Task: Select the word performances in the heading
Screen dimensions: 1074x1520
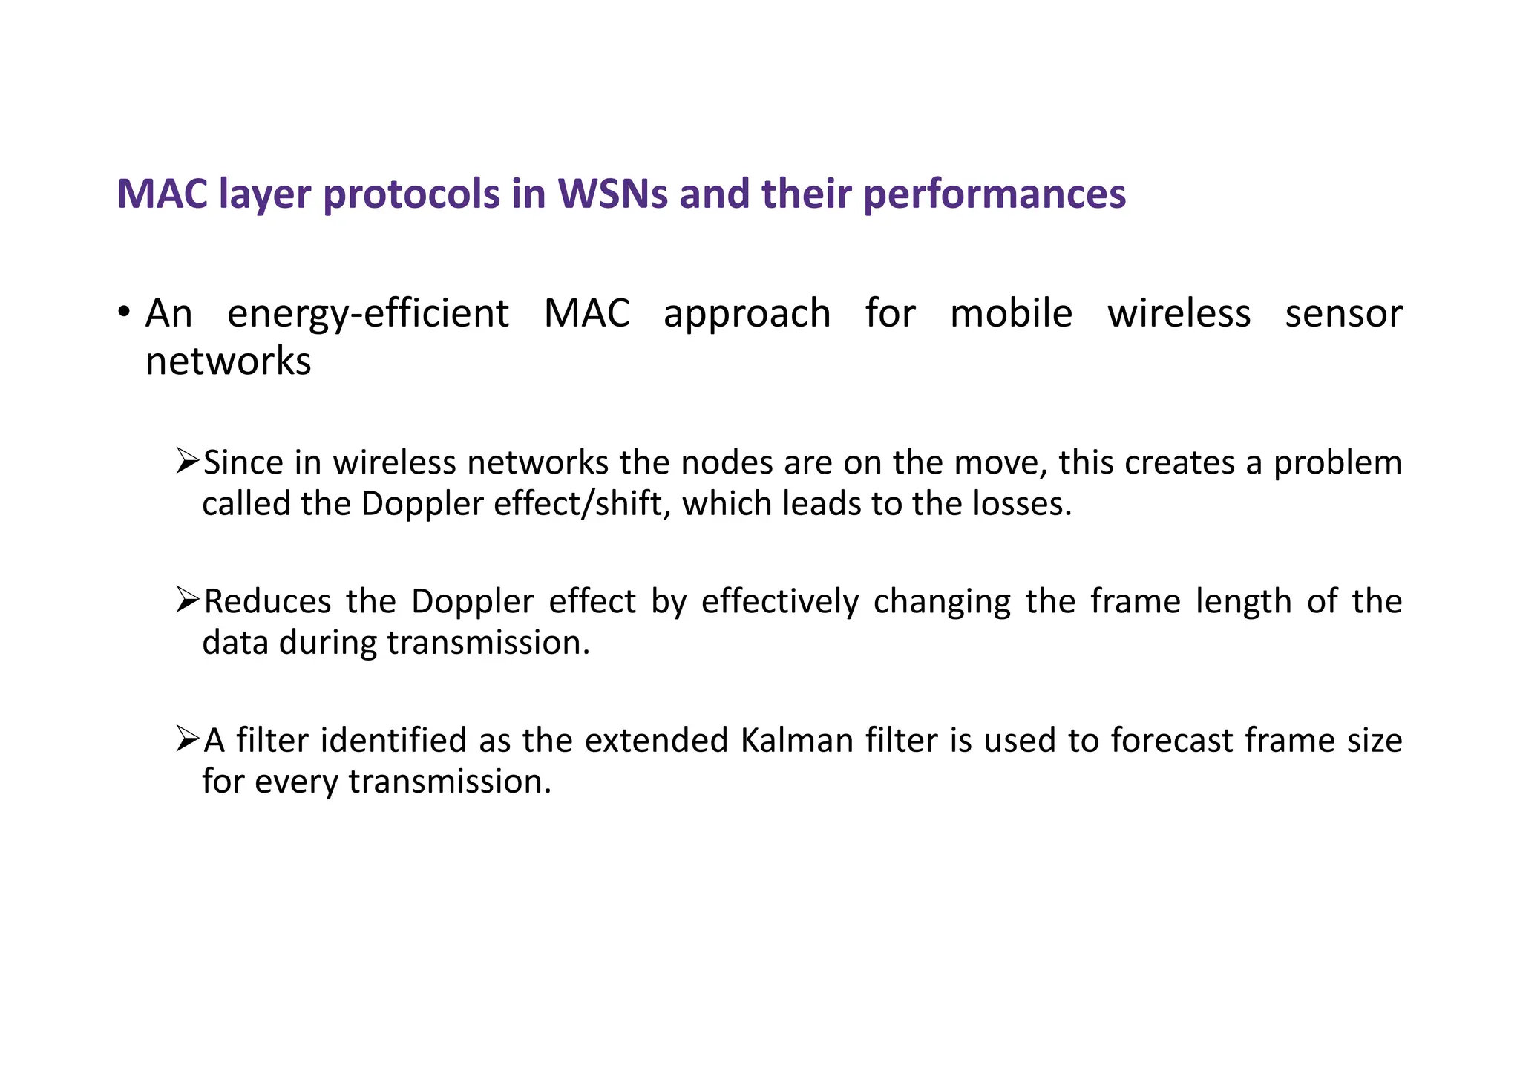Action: pos(995,194)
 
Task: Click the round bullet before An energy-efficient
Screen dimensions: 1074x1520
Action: pos(125,311)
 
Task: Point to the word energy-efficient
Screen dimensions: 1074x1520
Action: pos(368,314)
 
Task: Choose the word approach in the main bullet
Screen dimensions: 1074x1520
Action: pos(747,314)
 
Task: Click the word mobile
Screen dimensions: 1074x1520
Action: pos(1011,313)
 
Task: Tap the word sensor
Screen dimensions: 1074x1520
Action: pos(1343,313)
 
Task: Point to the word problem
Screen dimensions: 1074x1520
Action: pos(1337,463)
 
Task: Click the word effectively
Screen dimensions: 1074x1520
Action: pos(779,602)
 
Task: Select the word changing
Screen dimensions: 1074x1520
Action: pos(941,602)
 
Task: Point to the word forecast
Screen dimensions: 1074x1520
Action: pos(1170,741)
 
